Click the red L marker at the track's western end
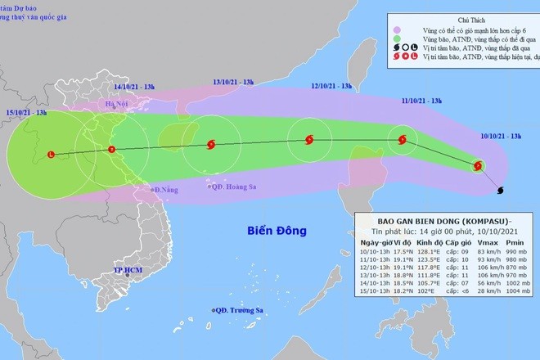coord(52,154)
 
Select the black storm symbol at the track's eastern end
coord(501,191)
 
